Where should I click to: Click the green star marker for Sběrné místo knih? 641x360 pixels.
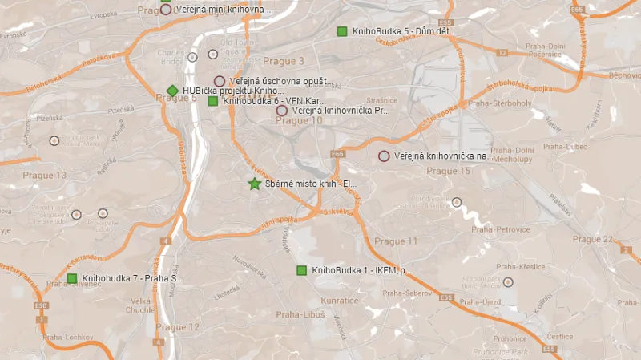255,184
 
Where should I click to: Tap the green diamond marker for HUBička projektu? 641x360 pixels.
172,91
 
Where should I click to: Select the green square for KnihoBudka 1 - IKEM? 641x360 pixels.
302,270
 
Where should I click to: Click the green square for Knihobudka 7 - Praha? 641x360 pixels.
72,278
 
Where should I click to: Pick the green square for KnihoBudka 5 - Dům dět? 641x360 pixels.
342,31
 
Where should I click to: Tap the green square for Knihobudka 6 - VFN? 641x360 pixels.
213,101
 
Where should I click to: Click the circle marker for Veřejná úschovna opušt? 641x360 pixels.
219,81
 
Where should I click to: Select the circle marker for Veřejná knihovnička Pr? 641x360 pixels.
282,111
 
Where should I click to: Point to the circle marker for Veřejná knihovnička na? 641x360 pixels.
384,156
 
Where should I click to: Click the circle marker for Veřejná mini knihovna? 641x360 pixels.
166,10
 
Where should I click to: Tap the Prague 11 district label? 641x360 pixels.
396,241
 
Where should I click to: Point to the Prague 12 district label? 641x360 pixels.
177,327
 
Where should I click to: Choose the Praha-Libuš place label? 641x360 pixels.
300,315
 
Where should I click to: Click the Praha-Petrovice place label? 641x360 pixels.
501,229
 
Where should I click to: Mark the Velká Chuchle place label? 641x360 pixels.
140,305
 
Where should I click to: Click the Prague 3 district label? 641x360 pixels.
284,62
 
